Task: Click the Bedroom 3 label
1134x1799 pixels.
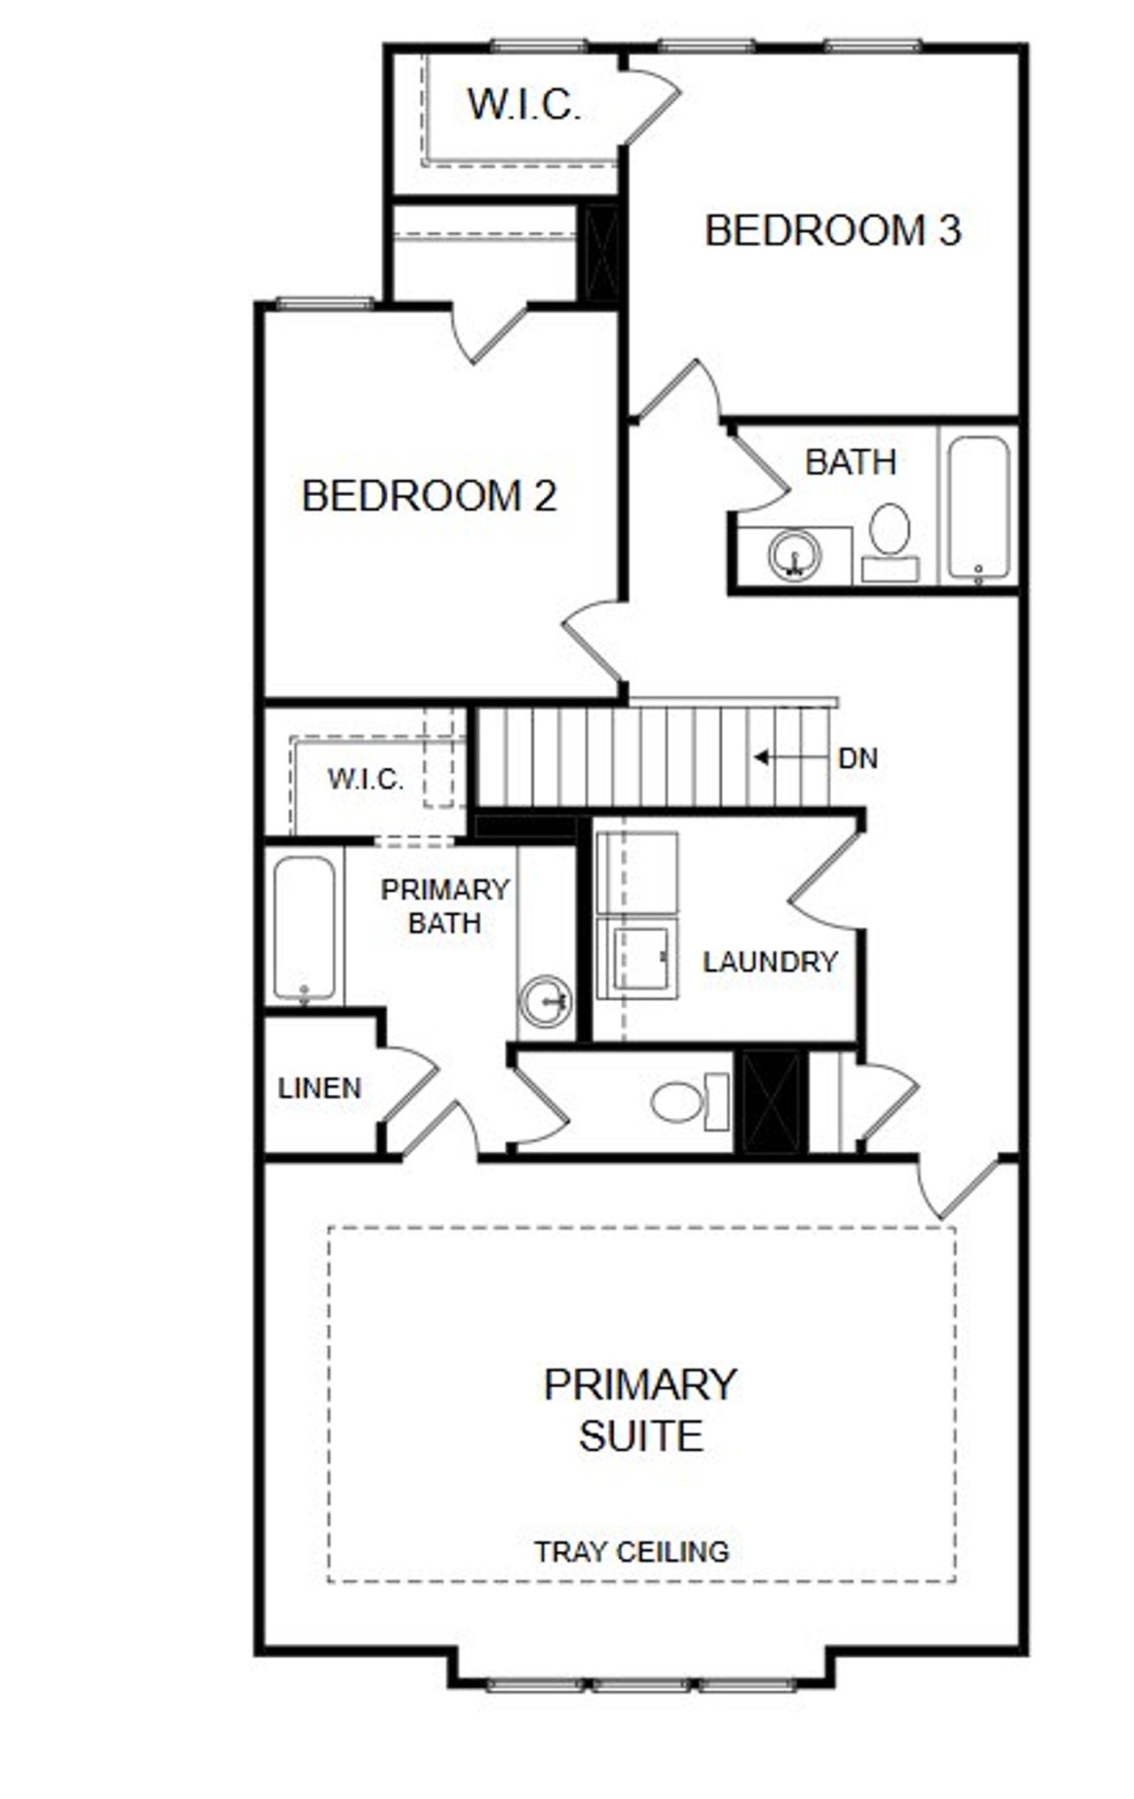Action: click(x=832, y=230)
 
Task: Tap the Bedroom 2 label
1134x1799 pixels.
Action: click(x=430, y=495)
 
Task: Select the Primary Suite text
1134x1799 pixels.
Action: click(x=640, y=1409)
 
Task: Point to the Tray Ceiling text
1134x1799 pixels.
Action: click(x=632, y=1551)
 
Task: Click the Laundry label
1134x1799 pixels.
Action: click(x=770, y=961)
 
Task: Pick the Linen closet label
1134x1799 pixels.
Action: click(x=320, y=1088)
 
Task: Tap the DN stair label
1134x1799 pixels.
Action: click(x=858, y=758)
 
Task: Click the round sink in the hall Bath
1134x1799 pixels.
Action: click(x=794, y=556)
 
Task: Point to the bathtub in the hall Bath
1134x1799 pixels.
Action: click(x=978, y=509)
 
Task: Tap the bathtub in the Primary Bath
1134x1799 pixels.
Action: click(x=304, y=928)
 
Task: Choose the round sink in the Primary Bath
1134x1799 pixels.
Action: click(x=545, y=1001)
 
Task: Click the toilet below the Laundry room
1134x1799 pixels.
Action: click(x=687, y=1102)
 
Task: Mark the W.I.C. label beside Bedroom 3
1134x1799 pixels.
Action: click(x=524, y=105)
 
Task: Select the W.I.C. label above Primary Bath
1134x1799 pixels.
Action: click(x=365, y=779)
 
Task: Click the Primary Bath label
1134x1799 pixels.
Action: click(x=445, y=906)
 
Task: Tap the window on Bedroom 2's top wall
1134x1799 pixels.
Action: click(x=324, y=303)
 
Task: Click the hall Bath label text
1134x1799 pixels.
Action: click(x=850, y=461)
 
